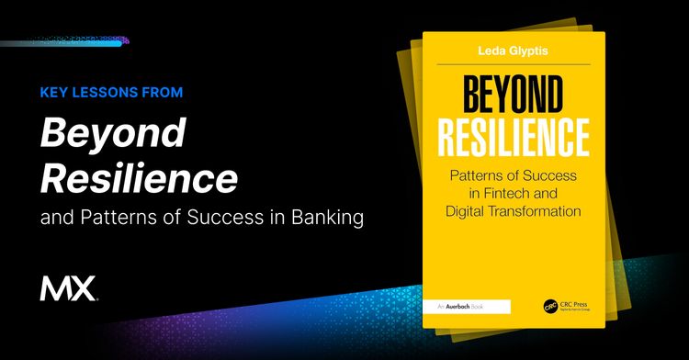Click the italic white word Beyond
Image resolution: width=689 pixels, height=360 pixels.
click(112, 134)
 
